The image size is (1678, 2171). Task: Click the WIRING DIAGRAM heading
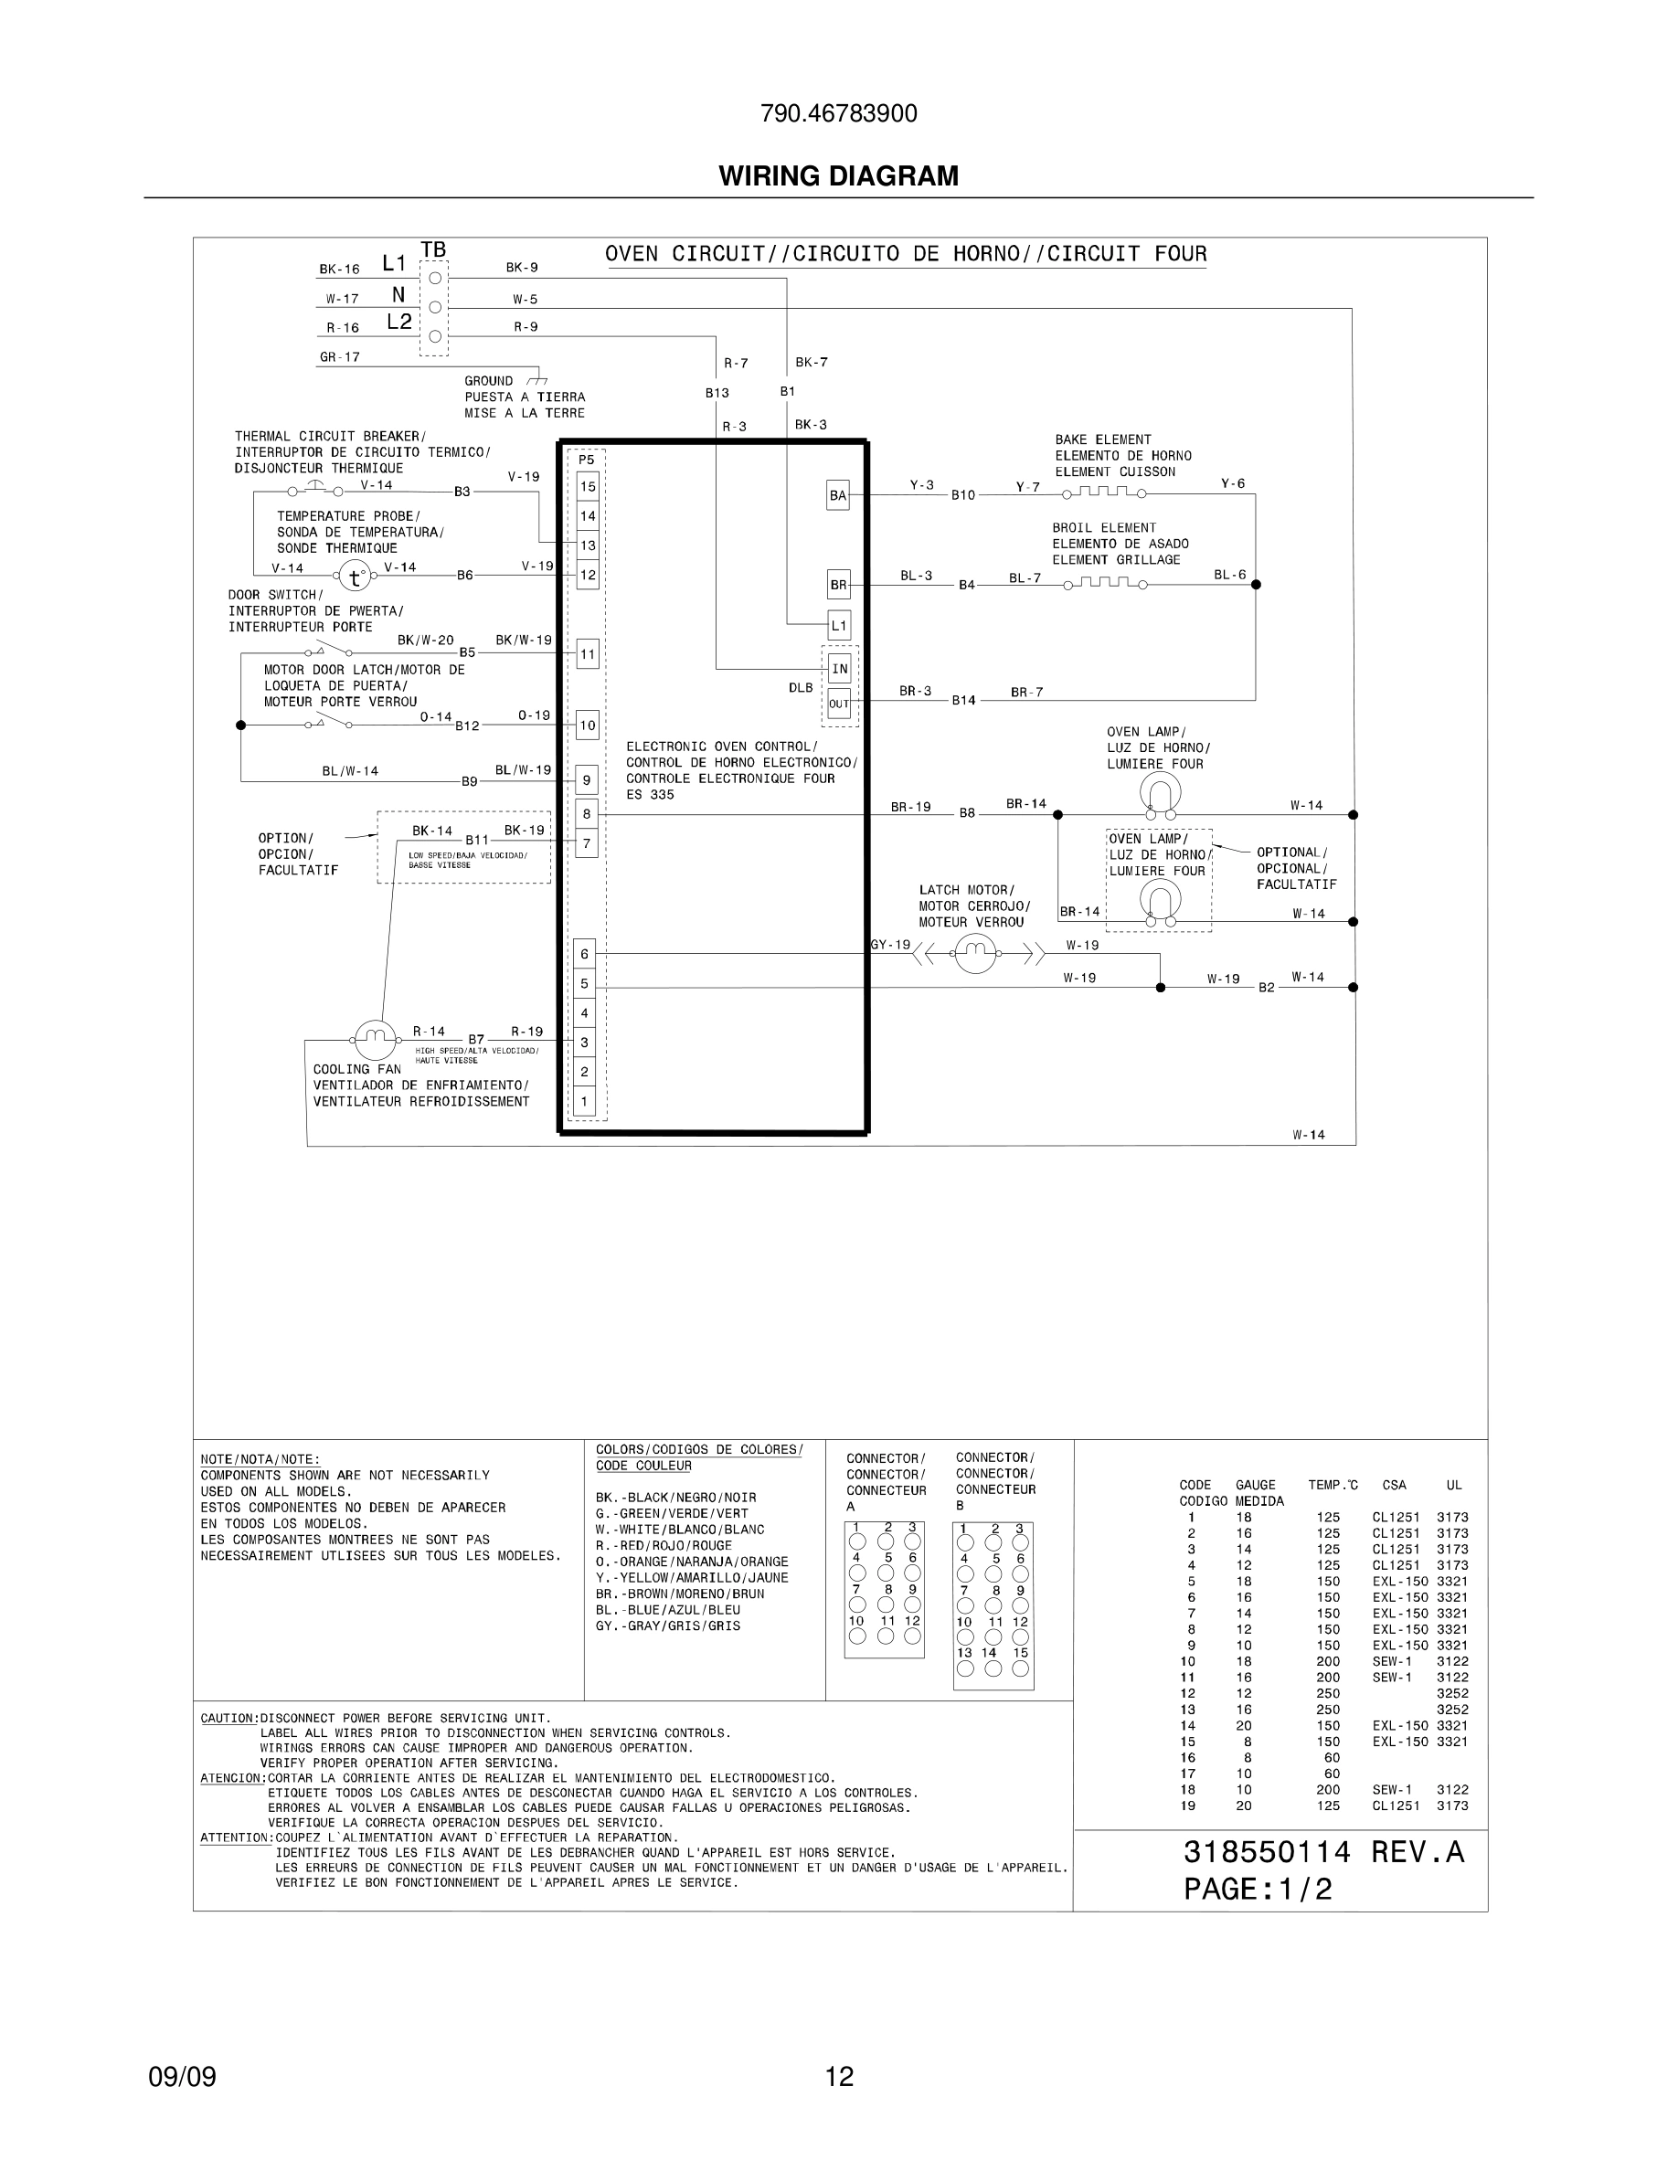(x=838, y=176)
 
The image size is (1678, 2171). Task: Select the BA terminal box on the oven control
(x=838, y=495)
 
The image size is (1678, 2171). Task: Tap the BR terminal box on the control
(x=838, y=585)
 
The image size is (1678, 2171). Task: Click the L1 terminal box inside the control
(x=838, y=625)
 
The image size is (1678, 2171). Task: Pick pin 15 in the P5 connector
(x=588, y=486)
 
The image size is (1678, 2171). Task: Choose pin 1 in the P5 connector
(x=585, y=1101)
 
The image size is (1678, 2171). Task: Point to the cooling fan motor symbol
(x=374, y=1040)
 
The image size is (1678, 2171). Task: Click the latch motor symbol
(x=974, y=954)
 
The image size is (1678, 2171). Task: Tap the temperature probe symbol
(x=354, y=576)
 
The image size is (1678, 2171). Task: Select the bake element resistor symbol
(x=1103, y=492)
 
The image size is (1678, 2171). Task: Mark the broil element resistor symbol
(x=1103, y=584)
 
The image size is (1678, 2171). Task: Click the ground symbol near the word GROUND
(x=536, y=381)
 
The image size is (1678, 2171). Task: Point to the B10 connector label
(x=963, y=495)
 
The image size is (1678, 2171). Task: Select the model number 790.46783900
(x=838, y=114)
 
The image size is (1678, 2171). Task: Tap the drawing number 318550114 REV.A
(x=1323, y=1852)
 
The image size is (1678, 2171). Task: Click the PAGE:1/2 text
(x=1258, y=1890)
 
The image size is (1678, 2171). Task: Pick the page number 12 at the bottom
(x=839, y=2077)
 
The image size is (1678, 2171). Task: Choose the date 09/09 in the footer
(x=182, y=2077)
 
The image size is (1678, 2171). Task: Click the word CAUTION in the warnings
(x=228, y=1718)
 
